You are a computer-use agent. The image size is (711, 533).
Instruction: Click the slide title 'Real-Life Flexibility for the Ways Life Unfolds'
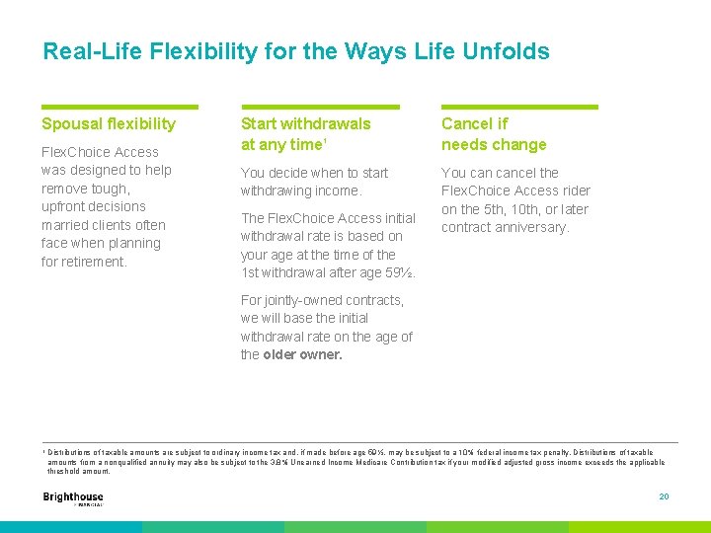click(x=295, y=51)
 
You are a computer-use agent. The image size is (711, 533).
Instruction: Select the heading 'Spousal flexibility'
click(x=109, y=123)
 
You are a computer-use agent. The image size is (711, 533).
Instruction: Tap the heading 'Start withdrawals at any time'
click(x=305, y=134)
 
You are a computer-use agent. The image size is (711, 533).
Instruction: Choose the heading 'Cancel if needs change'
click(x=493, y=134)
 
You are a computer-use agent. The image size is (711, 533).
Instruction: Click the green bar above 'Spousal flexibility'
click(x=119, y=107)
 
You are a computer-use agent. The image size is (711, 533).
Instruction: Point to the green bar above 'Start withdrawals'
click(x=320, y=107)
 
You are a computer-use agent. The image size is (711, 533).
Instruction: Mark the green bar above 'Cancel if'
click(x=519, y=107)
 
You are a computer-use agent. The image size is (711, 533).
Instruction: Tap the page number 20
click(x=664, y=496)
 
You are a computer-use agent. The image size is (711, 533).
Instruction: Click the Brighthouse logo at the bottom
click(x=73, y=498)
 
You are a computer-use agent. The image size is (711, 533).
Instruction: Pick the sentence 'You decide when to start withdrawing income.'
click(x=314, y=182)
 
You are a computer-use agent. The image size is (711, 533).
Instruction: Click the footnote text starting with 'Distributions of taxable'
click(x=355, y=461)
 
